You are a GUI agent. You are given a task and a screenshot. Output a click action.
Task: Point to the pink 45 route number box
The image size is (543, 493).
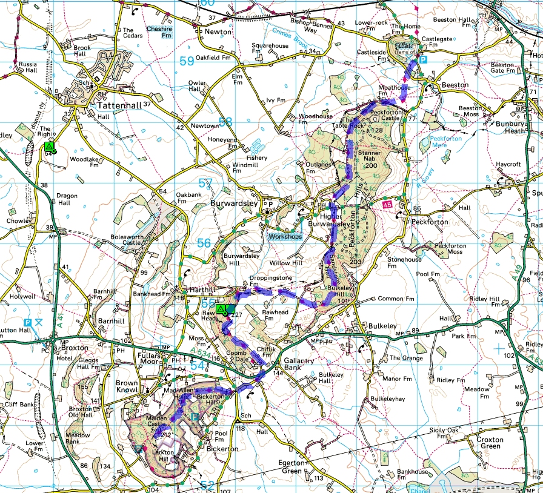click(x=387, y=207)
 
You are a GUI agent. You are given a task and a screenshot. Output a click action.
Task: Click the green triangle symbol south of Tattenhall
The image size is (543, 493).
click(x=48, y=147)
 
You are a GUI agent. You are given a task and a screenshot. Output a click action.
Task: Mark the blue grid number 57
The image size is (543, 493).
click(x=206, y=183)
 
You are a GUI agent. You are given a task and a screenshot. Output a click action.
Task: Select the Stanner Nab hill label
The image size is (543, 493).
click(x=368, y=160)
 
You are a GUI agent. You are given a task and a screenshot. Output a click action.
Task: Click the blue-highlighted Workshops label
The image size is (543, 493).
click(x=285, y=236)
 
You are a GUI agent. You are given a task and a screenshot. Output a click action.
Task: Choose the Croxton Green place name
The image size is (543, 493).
click(x=490, y=443)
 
